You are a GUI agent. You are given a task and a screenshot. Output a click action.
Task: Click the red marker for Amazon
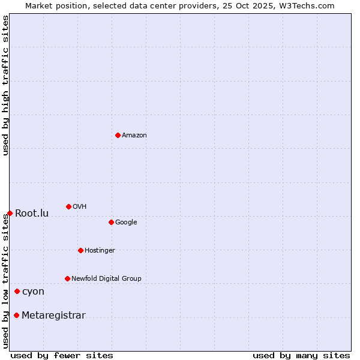pos(118,135)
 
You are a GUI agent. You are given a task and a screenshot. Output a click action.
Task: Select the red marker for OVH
pos(68,206)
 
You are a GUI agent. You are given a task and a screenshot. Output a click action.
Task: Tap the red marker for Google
pos(111,222)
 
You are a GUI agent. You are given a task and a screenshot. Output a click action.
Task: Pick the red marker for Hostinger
pos(80,250)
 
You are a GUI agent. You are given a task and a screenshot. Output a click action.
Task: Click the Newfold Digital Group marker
pos(67,278)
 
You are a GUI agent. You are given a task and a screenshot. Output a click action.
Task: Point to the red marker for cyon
pos(17,291)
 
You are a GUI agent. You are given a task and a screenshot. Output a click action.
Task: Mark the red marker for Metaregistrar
pos(16,315)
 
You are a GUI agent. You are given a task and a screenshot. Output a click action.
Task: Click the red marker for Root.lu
pos(10,213)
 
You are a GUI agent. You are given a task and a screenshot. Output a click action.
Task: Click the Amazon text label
pos(134,136)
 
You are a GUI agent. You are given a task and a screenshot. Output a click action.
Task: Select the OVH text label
pos(80,207)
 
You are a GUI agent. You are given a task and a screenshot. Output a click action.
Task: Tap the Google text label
pos(126,223)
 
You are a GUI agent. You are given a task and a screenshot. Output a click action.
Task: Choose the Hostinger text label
pos(100,251)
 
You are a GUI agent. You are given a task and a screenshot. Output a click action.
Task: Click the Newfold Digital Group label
pos(106,279)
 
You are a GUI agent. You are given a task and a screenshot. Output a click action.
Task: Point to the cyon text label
pos(33,292)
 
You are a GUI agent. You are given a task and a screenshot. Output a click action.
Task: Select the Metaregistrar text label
pos(53,316)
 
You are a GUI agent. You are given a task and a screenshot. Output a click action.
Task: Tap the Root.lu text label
pos(32,214)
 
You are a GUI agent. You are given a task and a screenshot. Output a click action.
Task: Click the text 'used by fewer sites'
pos(62,355)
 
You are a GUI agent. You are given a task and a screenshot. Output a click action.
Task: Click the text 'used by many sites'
pos(301,355)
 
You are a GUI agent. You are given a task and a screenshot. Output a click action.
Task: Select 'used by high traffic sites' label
pos(5,86)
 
